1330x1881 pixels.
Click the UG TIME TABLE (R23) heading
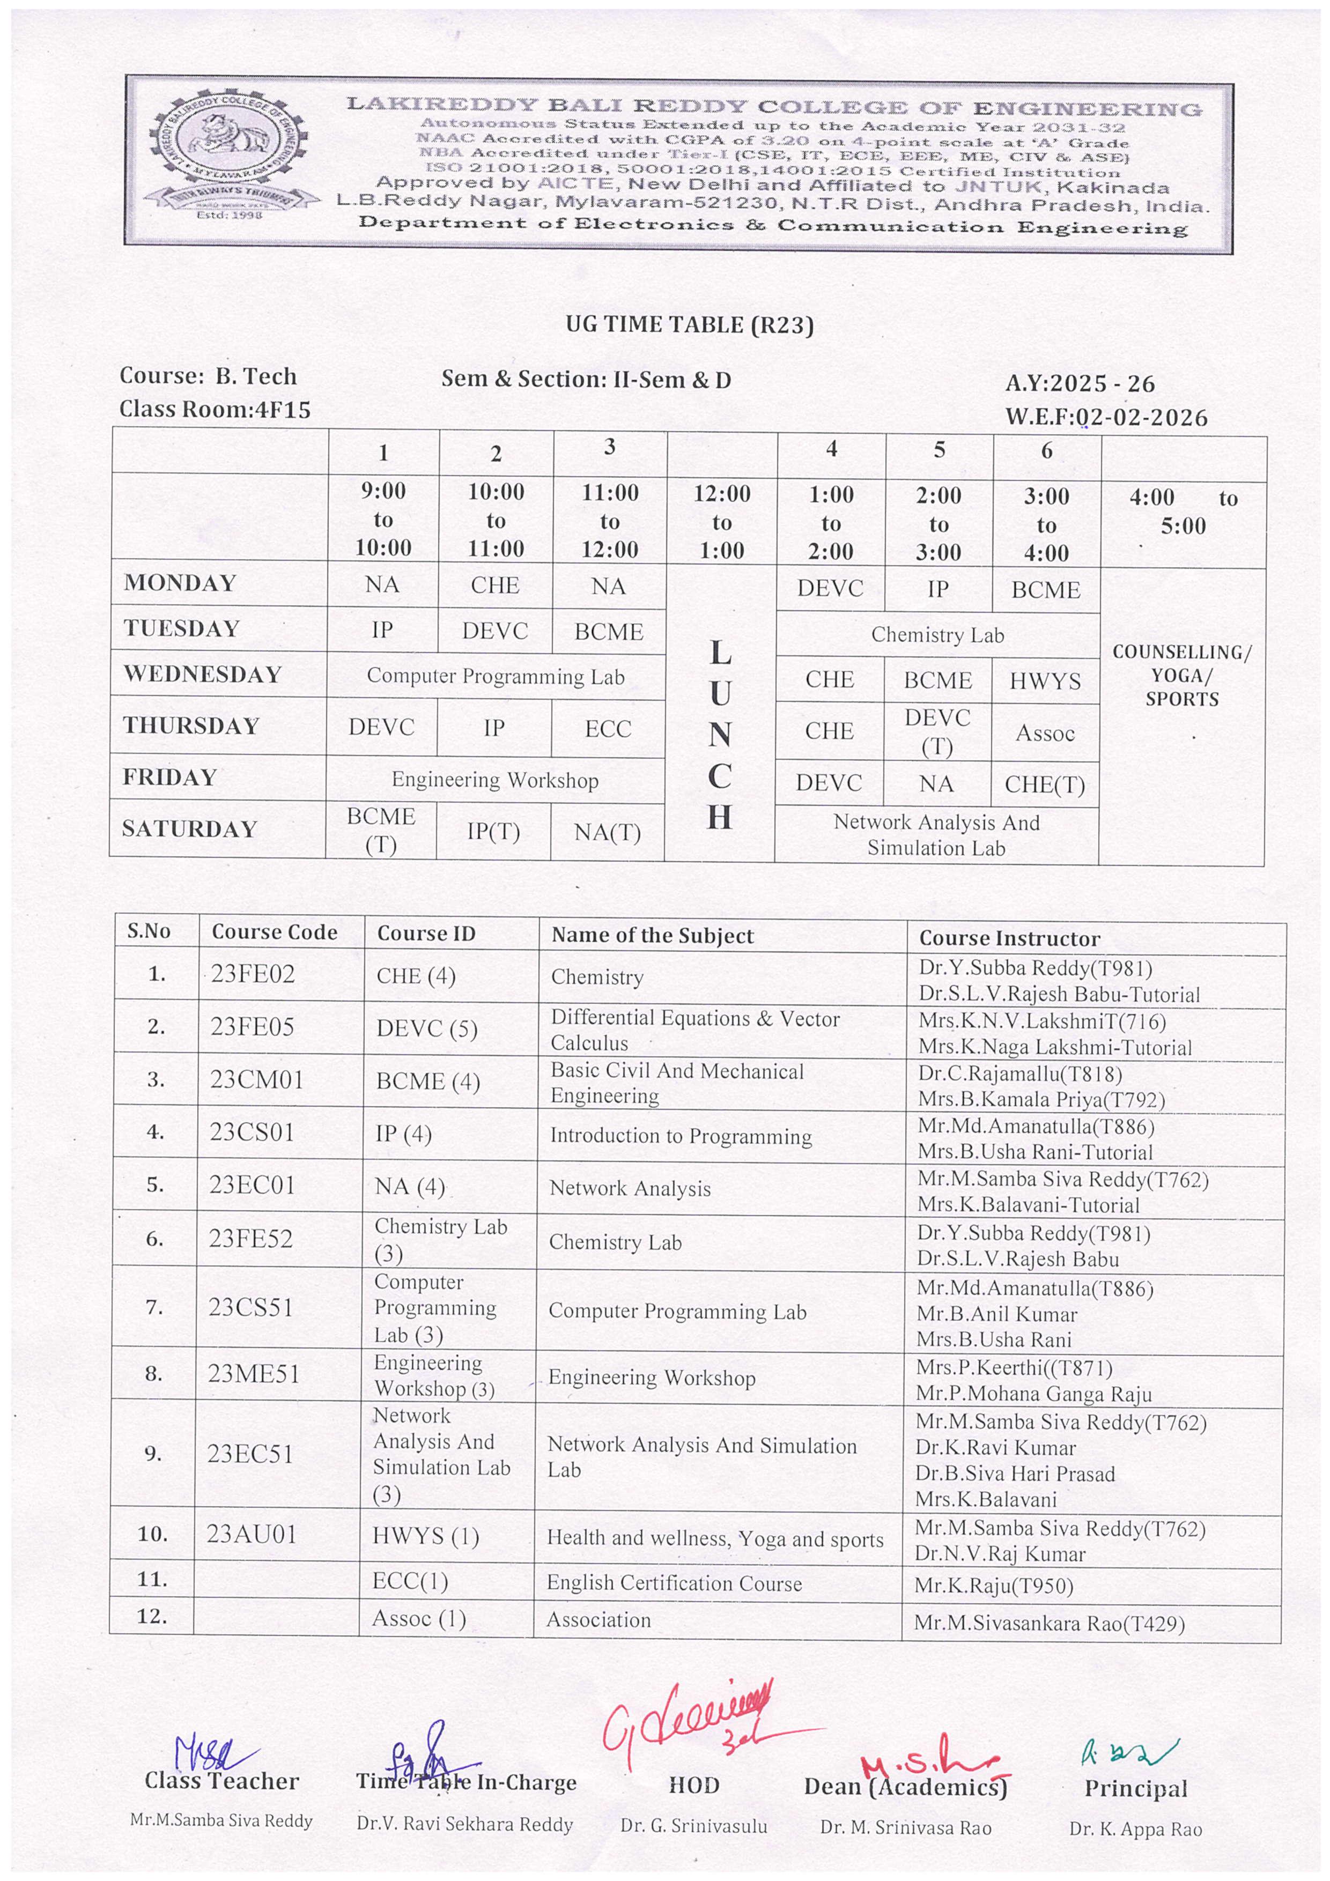point(689,325)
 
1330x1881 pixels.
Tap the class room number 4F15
point(283,410)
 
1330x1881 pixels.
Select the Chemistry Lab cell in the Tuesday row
point(937,635)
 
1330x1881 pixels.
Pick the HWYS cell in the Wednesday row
point(1045,681)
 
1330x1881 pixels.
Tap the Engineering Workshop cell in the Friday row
point(495,780)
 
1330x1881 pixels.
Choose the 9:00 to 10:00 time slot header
point(383,520)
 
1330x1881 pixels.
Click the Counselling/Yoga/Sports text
point(1181,676)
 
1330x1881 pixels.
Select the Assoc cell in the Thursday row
point(1045,733)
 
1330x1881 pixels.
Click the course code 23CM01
point(256,1080)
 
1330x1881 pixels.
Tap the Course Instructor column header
point(1009,938)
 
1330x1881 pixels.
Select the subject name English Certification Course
point(674,1583)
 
